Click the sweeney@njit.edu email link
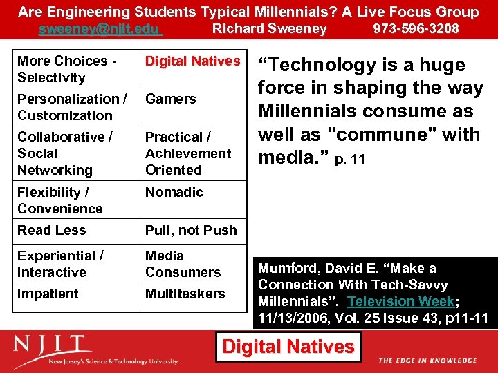(100, 29)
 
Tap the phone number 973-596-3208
(416, 29)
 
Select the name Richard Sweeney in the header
(269, 29)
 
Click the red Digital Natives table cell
(192, 61)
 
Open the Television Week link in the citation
(401, 301)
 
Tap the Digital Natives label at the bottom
(288, 346)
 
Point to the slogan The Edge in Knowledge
(427, 361)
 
